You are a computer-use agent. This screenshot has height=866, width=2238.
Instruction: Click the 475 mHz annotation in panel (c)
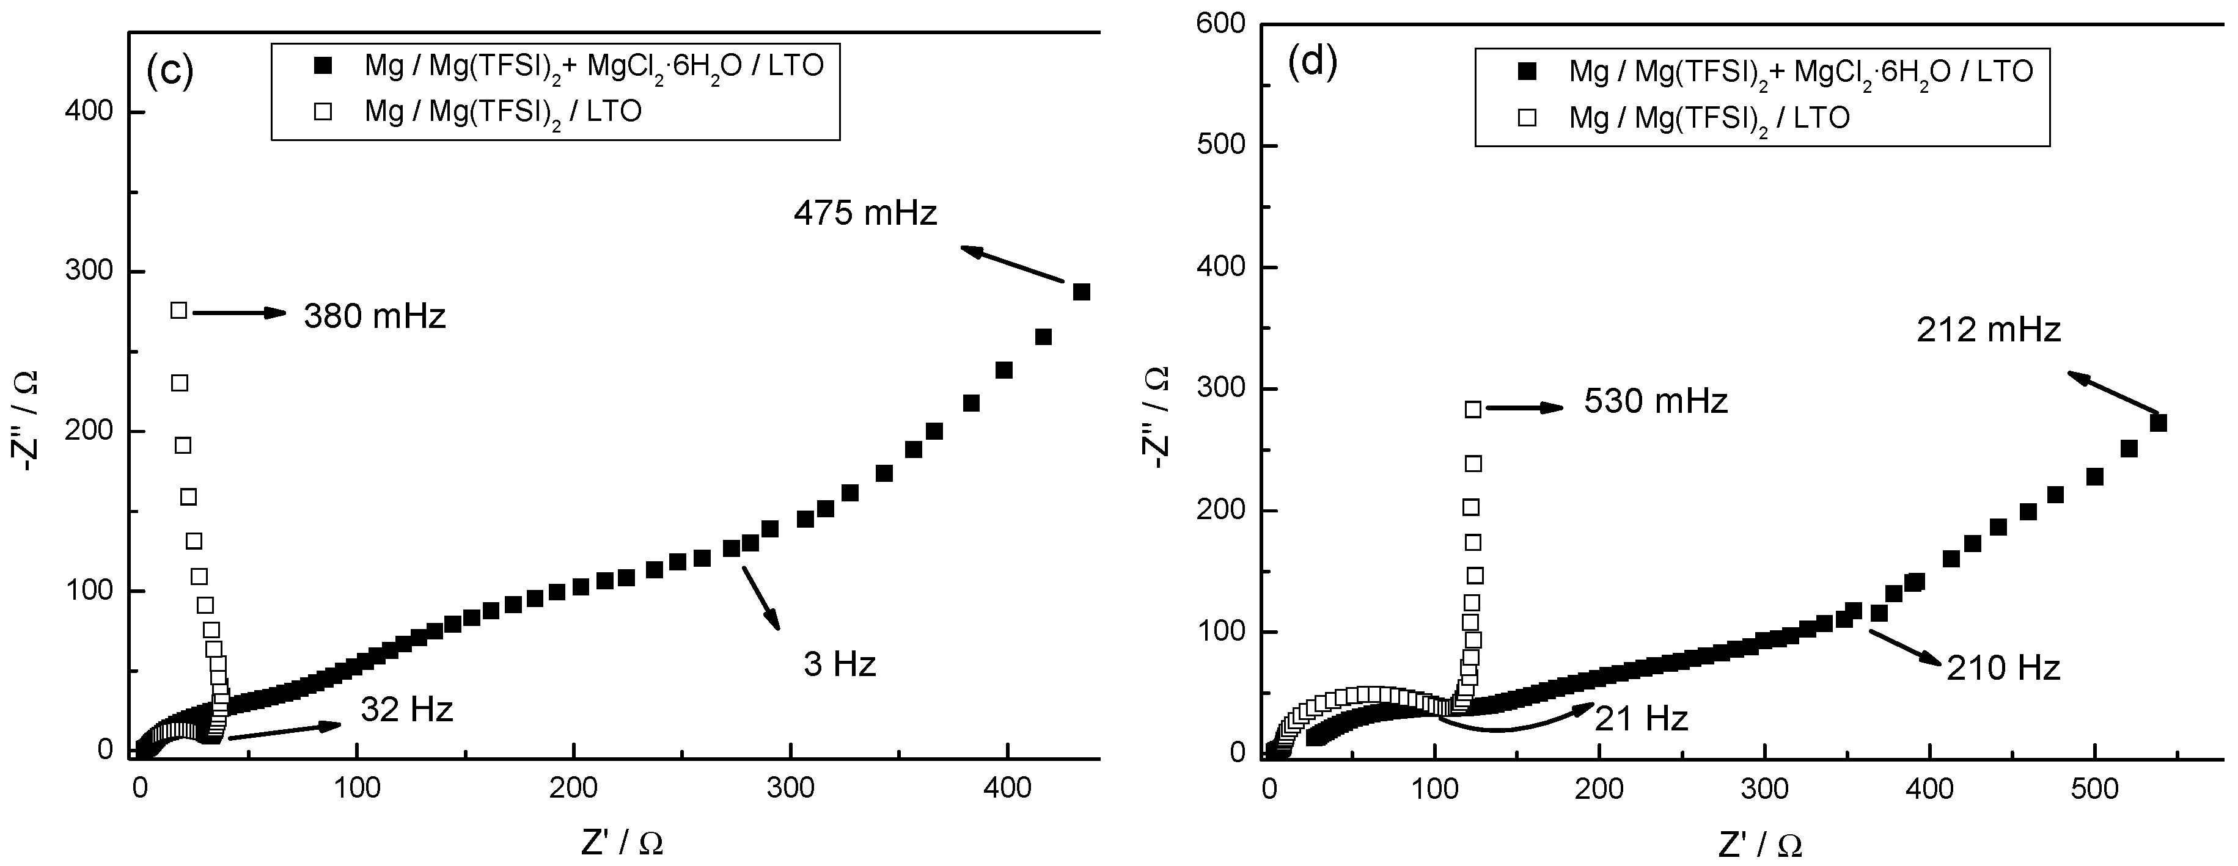(865, 213)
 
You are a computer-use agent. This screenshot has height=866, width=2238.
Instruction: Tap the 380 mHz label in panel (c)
(375, 317)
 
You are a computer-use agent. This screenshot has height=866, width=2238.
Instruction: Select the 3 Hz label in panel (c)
(839, 664)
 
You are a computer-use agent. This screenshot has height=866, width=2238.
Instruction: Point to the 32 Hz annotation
(406, 710)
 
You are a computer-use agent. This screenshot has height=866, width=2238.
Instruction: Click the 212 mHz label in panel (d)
(1988, 330)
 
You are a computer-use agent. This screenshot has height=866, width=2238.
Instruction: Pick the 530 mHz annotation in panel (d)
(1655, 401)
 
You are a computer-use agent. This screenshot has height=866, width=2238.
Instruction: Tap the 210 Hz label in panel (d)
(2003, 668)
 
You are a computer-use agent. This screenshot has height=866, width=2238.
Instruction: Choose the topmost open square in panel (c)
(179, 310)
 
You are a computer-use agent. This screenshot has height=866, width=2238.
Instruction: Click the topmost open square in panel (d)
(1473, 409)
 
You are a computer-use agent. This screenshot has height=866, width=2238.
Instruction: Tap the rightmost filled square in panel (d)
(2158, 423)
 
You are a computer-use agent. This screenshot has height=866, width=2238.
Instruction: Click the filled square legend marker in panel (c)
(323, 65)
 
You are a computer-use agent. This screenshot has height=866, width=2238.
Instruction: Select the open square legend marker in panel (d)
(1525, 118)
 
